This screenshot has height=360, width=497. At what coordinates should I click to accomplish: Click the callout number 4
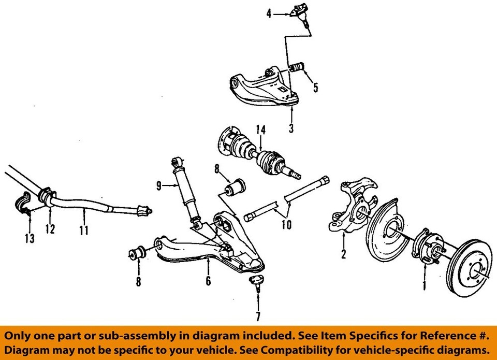point(269,14)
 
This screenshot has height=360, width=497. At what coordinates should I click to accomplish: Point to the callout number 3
point(291,127)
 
